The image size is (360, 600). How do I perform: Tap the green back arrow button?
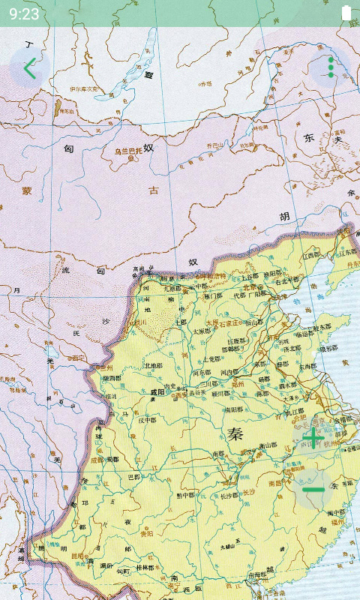29,68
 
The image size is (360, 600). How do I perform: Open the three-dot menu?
331,67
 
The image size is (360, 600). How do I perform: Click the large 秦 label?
236,433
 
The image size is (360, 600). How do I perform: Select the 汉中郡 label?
148,420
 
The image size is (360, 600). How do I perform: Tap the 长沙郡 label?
229,495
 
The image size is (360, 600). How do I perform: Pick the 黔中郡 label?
185,495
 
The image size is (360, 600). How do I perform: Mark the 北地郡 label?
154,366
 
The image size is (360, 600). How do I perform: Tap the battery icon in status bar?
346,13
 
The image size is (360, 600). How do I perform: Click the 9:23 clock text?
25,13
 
